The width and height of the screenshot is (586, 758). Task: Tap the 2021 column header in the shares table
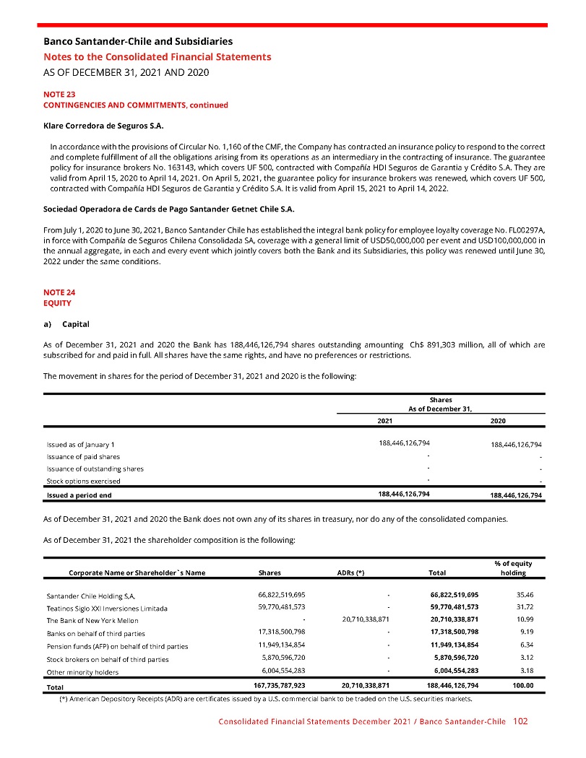click(x=385, y=419)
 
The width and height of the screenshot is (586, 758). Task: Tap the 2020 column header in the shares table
click(x=498, y=419)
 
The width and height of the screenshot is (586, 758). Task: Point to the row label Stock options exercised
click(x=83, y=481)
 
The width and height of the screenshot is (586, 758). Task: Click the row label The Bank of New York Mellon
click(x=92, y=620)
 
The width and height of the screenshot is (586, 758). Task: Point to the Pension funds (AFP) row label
click(x=117, y=646)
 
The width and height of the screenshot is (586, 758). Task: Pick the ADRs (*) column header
click(x=350, y=572)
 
